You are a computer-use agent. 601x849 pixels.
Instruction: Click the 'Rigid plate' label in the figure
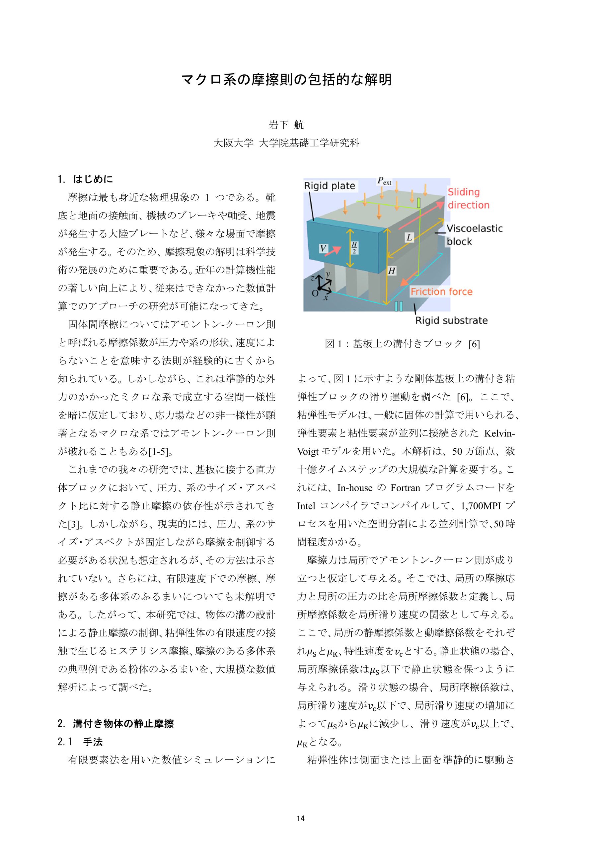[329, 186]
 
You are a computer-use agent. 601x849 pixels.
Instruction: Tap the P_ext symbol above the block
[384, 181]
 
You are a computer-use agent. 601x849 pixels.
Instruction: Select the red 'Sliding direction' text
[468, 198]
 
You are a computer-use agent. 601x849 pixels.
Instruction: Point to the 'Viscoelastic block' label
[474, 235]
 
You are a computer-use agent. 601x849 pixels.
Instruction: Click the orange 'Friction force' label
[441, 292]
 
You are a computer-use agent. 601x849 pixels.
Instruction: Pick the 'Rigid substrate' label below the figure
[451, 320]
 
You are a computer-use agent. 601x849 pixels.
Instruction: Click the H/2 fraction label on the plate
[354, 247]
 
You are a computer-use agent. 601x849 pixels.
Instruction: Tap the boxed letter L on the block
[409, 237]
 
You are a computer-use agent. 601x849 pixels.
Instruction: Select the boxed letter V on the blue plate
[323, 248]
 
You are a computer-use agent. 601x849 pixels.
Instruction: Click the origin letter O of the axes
[315, 293]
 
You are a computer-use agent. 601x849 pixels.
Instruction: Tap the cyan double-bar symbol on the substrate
[398, 306]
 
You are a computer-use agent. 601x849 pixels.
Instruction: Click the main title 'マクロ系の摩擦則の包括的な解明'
[286, 80]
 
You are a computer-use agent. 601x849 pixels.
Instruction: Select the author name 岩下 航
[286, 125]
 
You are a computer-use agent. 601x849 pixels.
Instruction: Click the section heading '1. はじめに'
[86, 179]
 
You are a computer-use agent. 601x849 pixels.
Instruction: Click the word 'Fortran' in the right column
[405, 488]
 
